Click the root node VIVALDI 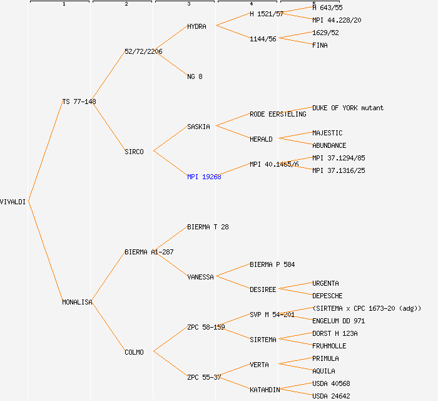click(13, 202)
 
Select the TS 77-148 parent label click(79, 102)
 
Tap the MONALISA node click(77, 302)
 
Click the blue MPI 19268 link click(204, 177)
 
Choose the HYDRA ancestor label click(196, 26)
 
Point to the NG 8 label click(195, 76)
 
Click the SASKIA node click(198, 127)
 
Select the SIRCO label click(134, 152)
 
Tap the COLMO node click(134, 352)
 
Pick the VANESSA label click(200, 277)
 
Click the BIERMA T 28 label click(208, 227)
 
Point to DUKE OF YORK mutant click(348, 108)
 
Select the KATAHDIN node click(265, 390)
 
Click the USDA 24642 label click(331, 396)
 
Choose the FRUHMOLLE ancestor click(329, 346)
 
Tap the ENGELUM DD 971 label click(339, 321)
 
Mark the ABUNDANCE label click(329, 145)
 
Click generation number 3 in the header click(188, 4)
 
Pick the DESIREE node click(263, 289)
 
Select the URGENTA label click(325, 283)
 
